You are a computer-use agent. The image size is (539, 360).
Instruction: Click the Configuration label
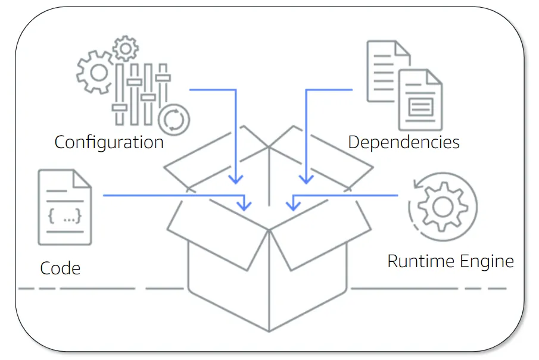(x=109, y=143)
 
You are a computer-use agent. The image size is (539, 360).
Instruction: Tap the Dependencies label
(x=404, y=143)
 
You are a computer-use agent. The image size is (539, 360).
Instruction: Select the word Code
(x=60, y=268)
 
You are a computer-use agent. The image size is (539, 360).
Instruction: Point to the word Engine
(x=487, y=262)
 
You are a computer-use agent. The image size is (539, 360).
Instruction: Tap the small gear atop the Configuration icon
(x=125, y=48)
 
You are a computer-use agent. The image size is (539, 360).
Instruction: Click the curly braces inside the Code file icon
(x=64, y=217)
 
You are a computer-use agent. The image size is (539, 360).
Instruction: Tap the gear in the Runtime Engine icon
(x=443, y=206)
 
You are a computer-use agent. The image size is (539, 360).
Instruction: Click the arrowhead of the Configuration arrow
(x=236, y=179)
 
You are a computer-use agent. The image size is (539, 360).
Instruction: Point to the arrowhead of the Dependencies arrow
(x=306, y=179)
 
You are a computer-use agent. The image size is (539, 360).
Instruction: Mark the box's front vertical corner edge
(x=269, y=280)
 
